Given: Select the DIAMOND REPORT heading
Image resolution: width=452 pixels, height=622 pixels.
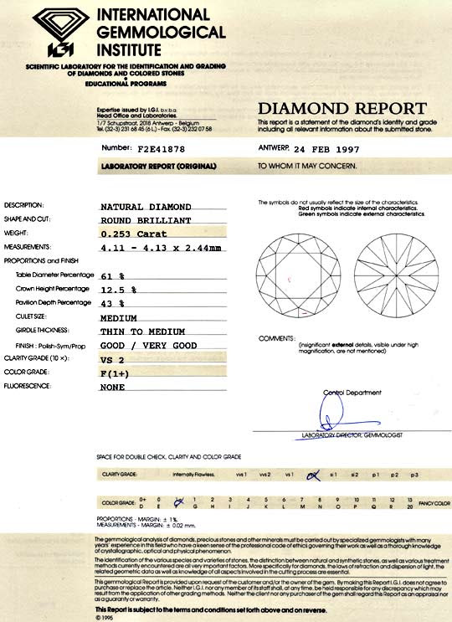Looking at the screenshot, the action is tap(342, 108).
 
